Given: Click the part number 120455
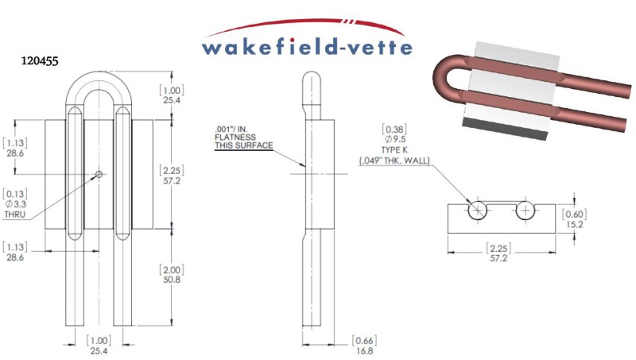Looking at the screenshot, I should coord(41,60).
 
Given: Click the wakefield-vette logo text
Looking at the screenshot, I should coord(308,46).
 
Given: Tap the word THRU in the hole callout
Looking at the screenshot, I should coord(16,215).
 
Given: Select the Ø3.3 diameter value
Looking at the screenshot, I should coord(17,204).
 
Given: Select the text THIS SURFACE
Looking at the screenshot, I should coord(243,146).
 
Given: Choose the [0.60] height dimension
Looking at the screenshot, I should coord(575,212).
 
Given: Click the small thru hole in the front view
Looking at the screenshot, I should coord(99,173).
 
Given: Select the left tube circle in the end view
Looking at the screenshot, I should coord(478,211).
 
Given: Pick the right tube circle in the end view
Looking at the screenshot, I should coord(525,211).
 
